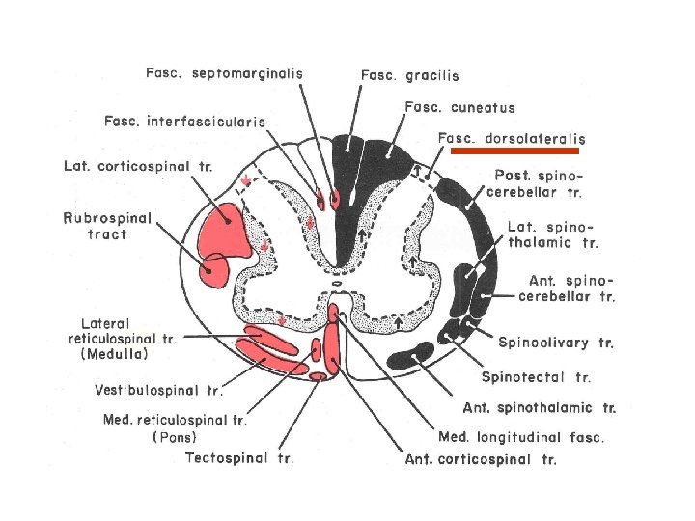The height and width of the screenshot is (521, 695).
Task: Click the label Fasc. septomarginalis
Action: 224,72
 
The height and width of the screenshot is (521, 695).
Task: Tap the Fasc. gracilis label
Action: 410,75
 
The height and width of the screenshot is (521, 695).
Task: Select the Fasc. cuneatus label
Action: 459,108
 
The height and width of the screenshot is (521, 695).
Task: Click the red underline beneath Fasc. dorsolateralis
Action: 515,151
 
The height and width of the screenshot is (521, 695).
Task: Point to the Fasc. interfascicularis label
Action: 185,121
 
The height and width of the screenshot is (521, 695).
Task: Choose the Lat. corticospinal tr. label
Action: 137,166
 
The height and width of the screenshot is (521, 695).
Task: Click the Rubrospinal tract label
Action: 107,226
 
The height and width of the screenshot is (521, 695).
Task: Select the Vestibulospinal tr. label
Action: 158,391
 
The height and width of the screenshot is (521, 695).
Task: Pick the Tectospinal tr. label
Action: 239,457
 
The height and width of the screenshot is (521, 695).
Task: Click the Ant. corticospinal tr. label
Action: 481,460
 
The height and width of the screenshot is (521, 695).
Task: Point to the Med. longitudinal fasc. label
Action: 521,437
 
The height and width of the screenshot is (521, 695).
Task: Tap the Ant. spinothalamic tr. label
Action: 540,408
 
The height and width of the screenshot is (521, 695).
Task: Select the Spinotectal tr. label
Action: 536,377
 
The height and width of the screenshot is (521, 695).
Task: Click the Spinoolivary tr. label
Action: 556,343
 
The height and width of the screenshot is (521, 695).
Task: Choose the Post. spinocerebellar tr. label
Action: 538,183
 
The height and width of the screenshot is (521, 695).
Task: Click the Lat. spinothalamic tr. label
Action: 547,235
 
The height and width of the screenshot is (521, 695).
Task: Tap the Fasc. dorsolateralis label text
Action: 512,139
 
